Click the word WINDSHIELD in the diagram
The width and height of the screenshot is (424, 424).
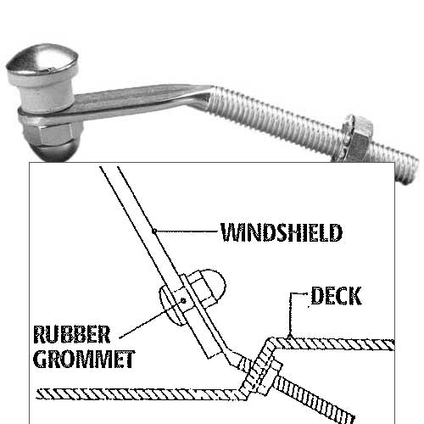pos(282,232)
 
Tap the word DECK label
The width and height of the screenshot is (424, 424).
pos(337,296)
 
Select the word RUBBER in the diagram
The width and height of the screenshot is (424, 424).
pos(72,335)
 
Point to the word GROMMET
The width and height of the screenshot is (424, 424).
pos(84,359)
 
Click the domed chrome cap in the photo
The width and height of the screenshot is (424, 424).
pos(42,62)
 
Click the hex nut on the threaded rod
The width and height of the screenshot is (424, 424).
pos(357,138)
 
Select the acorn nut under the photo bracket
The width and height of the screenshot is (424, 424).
pos(51,141)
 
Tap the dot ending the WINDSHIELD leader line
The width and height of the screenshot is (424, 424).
pos(154,232)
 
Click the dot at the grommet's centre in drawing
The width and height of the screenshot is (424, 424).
pos(183,301)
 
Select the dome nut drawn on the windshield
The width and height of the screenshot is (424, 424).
pos(209,286)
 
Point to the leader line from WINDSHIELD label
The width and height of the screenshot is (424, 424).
pos(186,232)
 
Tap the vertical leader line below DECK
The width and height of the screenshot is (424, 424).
pos(290,315)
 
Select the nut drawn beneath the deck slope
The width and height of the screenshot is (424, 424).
pos(269,376)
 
